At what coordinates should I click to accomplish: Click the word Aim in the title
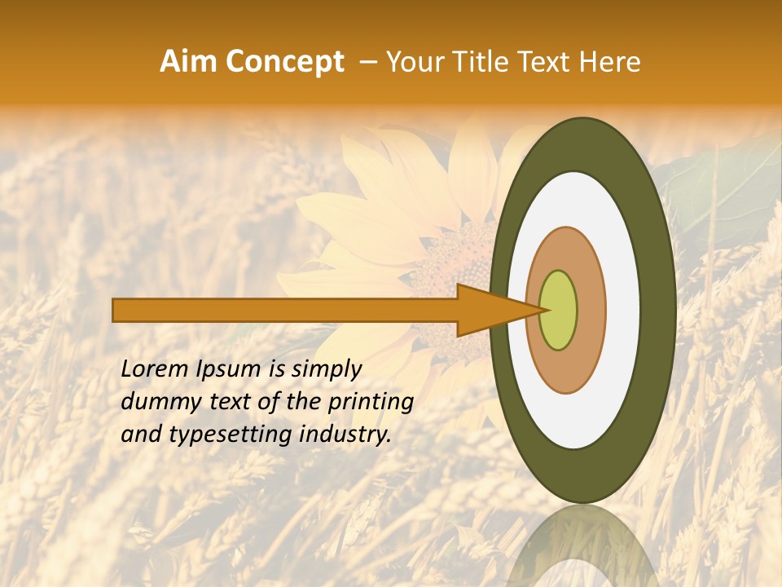click(x=188, y=62)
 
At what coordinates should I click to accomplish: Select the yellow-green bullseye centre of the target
click(x=559, y=310)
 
